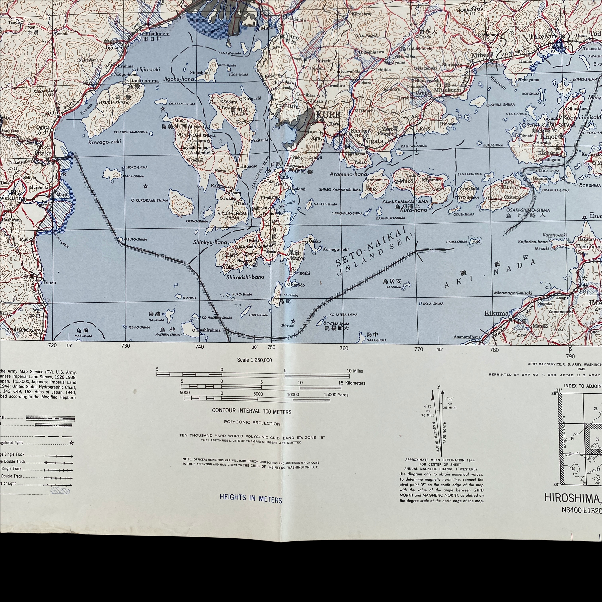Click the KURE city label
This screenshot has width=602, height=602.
coord(328,115)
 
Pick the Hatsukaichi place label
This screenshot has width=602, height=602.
coord(156,34)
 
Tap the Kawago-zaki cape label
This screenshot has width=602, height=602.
coord(104,142)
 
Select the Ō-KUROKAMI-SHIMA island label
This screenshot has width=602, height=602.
coord(149,200)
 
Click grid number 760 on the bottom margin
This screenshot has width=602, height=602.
coord(344,348)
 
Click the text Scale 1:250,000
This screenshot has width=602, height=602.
coord(254,360)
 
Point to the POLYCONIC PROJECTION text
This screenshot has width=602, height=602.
coord(252,423)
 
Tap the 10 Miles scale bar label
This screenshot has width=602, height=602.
coord(355,371)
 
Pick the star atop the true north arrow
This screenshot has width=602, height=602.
coord(442,393)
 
